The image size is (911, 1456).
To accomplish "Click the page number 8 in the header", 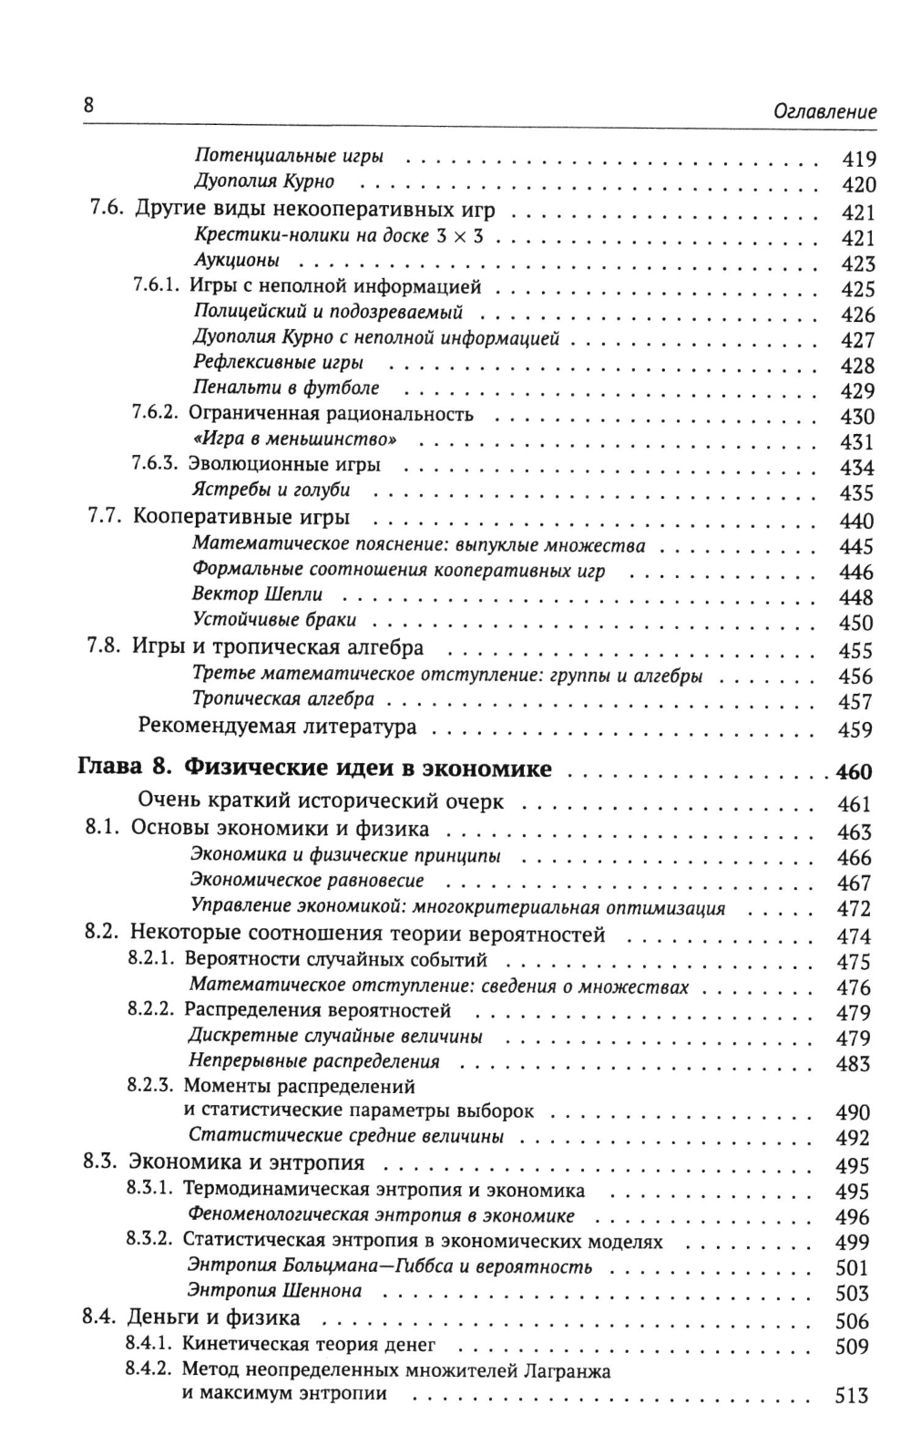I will click(x=88, y=104).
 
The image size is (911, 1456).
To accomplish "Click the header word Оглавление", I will click(x=824, y=111).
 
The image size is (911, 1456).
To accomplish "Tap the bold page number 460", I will click(x=854, y=772).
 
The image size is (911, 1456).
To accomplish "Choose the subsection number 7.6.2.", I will click(x=157, y=414).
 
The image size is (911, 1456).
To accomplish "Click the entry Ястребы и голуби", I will click(x=271, y=490).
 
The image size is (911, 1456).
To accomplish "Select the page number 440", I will click(x=855, y=521).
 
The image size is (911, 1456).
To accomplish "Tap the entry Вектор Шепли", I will click(x=258, y=594).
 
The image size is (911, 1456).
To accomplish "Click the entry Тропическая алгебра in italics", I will click(x=283, y=699).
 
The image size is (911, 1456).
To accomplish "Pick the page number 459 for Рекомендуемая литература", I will click(x=855, y=729).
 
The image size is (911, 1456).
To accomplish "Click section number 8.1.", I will click(x=102, y=829).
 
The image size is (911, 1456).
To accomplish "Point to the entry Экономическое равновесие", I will click(x=307, y=880).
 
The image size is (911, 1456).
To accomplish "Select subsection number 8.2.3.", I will click(x=151, y=1086).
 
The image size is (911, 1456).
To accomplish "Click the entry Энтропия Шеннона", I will click(x=274, y=1290).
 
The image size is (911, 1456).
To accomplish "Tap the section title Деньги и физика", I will click(x=214, y=1317).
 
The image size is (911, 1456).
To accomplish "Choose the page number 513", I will click(x=852, y=1396).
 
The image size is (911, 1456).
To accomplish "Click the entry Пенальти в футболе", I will click(x=286, y=388).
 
